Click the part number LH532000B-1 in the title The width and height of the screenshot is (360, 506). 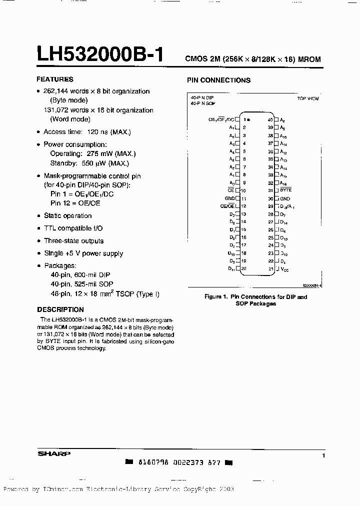(100, 53)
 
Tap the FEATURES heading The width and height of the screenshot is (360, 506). (55, 79)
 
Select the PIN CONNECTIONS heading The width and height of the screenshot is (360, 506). (218, 80)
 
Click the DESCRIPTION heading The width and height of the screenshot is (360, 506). (60, 309)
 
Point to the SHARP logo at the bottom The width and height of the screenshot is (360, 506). (54, 454)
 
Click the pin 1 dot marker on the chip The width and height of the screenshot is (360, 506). (249, 120)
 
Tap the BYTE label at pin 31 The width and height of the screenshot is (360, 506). (285, 190)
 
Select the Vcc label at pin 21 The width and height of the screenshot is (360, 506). (284, 269)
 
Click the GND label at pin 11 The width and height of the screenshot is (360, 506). (229, 198)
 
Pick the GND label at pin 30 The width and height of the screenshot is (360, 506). (285, 198)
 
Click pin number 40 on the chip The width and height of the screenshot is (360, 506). (270, 120)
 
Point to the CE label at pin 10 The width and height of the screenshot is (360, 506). (231, 190)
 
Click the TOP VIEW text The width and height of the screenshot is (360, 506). (308, 99)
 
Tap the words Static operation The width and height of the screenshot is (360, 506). (68, 216)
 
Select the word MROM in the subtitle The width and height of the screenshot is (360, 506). (309, 59)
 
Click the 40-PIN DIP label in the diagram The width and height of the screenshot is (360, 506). (202, 98)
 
